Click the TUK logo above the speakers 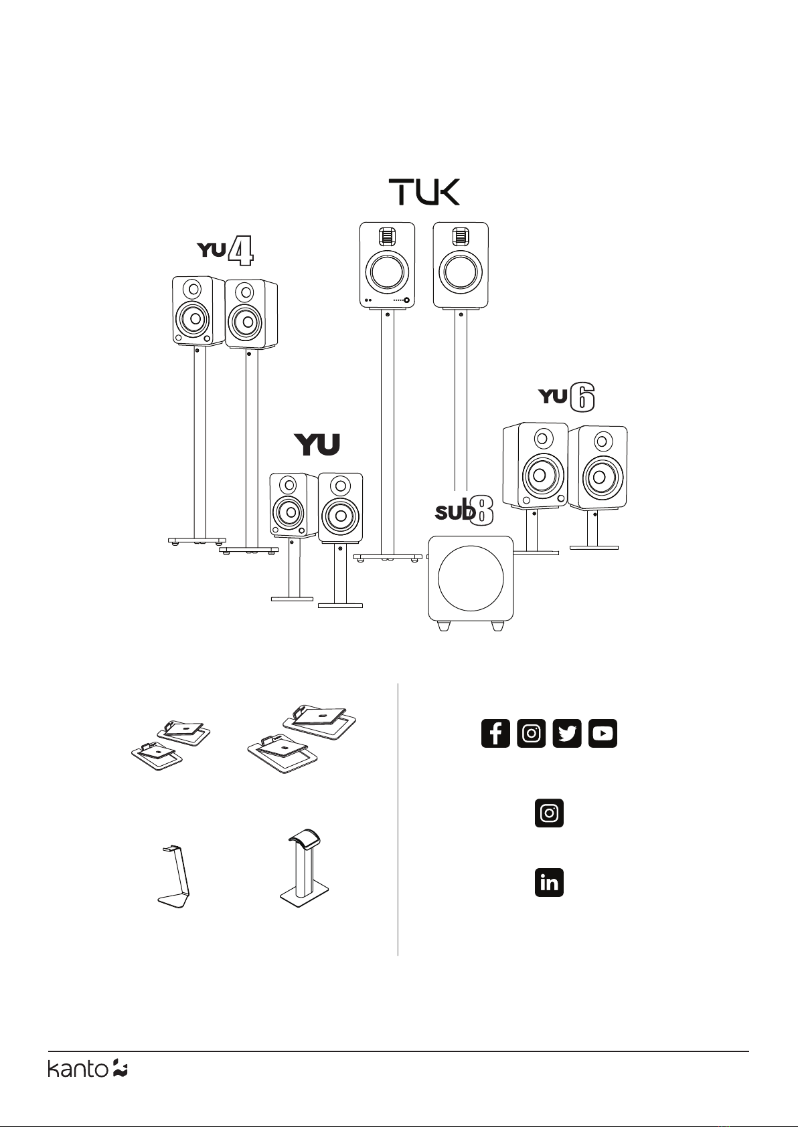click(424, 192)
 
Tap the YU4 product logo click(225, 251)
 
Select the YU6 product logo click(566, 397)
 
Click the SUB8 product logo click(464, 512)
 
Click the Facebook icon click(495, 733)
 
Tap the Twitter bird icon click(567, 733)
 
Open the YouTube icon click(603, 733)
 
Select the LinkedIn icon click(549, 882)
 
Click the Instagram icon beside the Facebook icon click(531, 733)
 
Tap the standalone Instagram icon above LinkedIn click(549, 813)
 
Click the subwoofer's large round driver click(471, 578)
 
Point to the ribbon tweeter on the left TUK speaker click(387, 236)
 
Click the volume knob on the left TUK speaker click(406, 300)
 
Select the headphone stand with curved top click(304, 868)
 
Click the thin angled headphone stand click(173, 876)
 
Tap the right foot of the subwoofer click(497, 626)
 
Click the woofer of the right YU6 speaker click(599, 476)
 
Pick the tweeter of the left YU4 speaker click(194, 290)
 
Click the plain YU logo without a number click(317, 445)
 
